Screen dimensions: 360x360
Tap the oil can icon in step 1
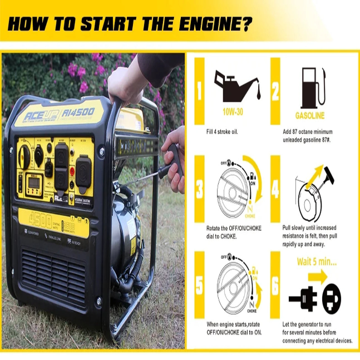[236, 83]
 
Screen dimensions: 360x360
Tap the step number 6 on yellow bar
[275, 287]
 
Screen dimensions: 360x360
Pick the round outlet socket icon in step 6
[332, 298]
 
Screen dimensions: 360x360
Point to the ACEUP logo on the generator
[43, 115]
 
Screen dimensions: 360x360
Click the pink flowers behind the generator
[83, 72]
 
